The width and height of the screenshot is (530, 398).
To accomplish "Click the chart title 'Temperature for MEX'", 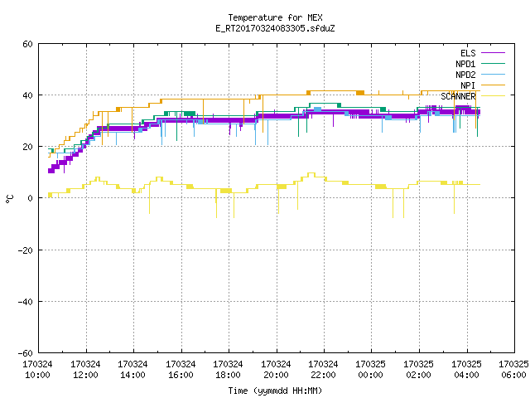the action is (x=275, y=17).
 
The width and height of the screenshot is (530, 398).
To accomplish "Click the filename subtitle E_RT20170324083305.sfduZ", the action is (x=275, y=28).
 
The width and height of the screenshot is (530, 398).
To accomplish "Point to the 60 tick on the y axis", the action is (x=27, y=44).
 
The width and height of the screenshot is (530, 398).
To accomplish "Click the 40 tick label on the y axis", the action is (x=27, y=95).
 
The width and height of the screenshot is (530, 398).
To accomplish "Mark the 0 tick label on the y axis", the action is (x=30, y=198).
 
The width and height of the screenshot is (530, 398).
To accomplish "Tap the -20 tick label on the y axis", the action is (x=26, y=250).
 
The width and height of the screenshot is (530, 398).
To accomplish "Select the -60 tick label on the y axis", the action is (x=26, y=353).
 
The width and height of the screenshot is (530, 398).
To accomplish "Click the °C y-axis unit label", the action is (x=9, y=199).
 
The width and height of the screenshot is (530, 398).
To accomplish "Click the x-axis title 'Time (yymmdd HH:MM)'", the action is (x=275, y=391).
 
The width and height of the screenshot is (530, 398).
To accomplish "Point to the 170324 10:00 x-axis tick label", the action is (x=37, y=370).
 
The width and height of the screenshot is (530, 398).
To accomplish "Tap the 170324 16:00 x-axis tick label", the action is (x=181, y=370).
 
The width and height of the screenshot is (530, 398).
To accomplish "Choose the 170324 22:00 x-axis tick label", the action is (x=323, y=370).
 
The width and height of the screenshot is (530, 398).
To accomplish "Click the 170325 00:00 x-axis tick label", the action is (x=370, y=370).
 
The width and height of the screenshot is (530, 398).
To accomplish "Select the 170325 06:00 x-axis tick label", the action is (x=513, y=370).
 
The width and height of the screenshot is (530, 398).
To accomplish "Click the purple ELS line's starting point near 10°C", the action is (x=49, y=172).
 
